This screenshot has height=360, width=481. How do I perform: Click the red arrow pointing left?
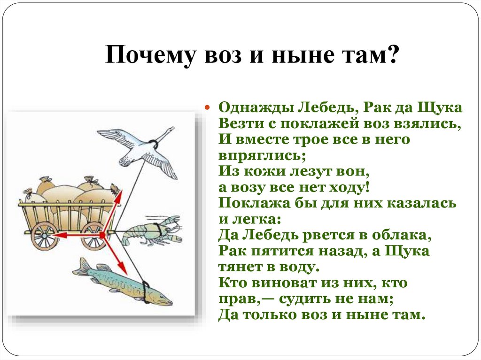(x=70, y=234)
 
